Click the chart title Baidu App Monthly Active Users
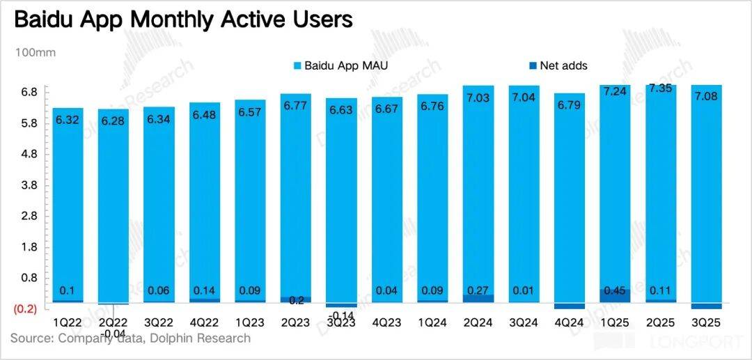(x=182, y=19)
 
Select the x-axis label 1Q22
(x=68, y=324)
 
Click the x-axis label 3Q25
(x=705, y=324)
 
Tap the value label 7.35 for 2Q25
(x=660, y=88)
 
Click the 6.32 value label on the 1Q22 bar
(x=68, y=120)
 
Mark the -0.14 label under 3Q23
(x=342, y=315)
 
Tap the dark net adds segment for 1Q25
(x=615, y=296)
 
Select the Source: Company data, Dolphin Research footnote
(x=130, y=338)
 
